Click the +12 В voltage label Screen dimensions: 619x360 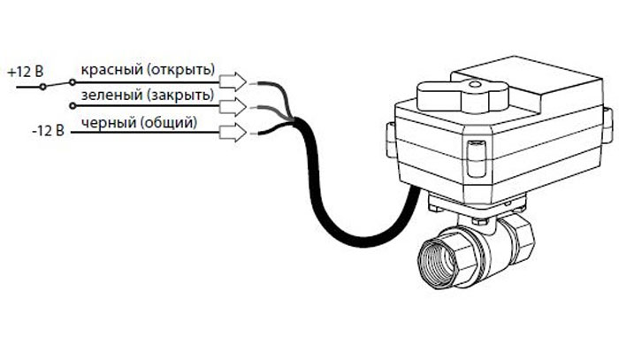[26, 72]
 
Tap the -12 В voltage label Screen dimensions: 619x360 [48, 131]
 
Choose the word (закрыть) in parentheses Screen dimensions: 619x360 [180, 96]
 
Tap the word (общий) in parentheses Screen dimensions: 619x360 [169, 122]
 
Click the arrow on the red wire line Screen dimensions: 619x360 [233, 81]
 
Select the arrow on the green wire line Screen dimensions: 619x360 [233, 106]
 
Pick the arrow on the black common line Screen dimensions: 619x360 [233, 133]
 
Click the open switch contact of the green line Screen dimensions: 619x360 [73, 106]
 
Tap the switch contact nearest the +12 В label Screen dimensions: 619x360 [42, 87]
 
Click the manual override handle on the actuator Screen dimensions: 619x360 [462, 96]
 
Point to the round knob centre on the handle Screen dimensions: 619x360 [475, 84]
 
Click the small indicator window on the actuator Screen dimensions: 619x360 [477, 159]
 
